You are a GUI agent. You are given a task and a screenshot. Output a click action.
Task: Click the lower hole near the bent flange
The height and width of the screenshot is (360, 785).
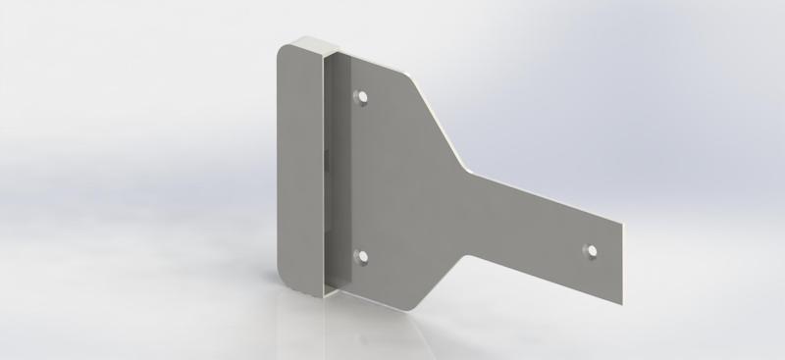click(361, 258)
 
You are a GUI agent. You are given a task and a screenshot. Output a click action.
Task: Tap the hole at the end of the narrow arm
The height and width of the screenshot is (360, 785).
click(592, 250)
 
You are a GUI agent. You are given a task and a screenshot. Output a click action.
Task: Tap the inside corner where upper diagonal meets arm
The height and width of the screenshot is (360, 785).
click(472, 168)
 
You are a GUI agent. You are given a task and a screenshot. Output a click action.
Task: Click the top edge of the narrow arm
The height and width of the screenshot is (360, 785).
click(549, 195)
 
